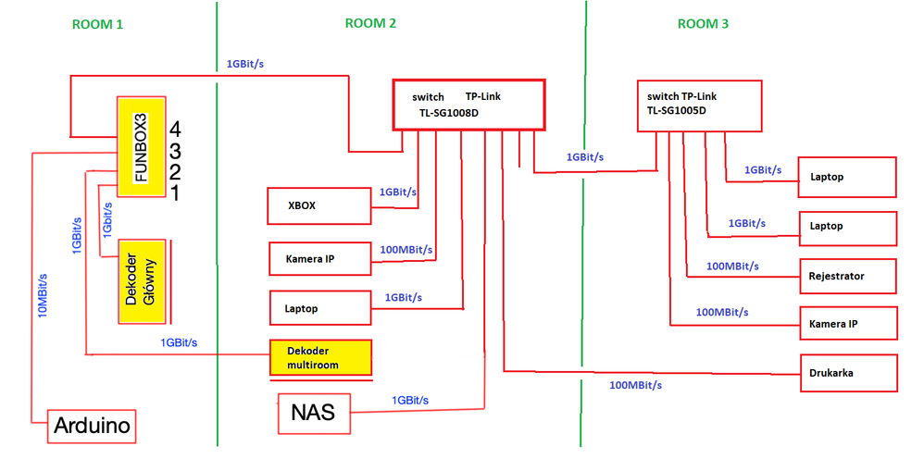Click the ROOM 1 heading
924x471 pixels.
97,24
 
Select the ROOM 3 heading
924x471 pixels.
703,24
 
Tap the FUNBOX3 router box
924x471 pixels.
140,146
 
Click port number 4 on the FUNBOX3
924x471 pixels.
175,128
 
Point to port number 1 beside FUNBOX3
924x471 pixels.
175,192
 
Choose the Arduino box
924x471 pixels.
92,428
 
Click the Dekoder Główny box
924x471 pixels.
142,281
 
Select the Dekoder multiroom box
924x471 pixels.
319,358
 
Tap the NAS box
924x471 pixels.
314,414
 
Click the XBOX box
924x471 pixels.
318,205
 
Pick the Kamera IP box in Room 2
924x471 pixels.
319,259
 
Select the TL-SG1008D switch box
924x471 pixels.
468,104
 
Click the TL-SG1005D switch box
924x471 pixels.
699,104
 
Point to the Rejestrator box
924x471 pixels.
848,276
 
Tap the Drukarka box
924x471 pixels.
848,373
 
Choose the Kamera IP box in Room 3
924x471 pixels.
848,324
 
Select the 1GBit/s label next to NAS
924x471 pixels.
410,400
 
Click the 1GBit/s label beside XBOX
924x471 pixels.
398,192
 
